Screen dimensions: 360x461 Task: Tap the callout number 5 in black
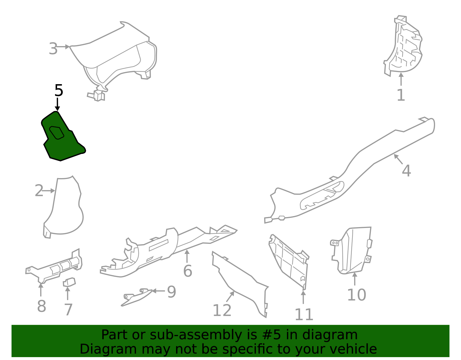click(58, 91)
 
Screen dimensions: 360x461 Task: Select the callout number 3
click(53, 49)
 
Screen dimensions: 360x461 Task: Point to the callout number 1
click(401, 95)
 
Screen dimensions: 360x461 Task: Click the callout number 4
click(406, 171)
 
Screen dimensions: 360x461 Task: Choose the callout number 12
click(222, 310)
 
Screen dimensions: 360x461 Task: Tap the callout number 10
click(356, 295)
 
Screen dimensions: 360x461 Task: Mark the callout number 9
click(171, 292)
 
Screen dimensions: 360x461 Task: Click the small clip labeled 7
click(69, 282)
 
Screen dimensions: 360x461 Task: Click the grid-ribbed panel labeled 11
click(290, 259)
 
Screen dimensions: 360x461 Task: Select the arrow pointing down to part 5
click(58, 104)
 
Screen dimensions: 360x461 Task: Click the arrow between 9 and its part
click(158, 291)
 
